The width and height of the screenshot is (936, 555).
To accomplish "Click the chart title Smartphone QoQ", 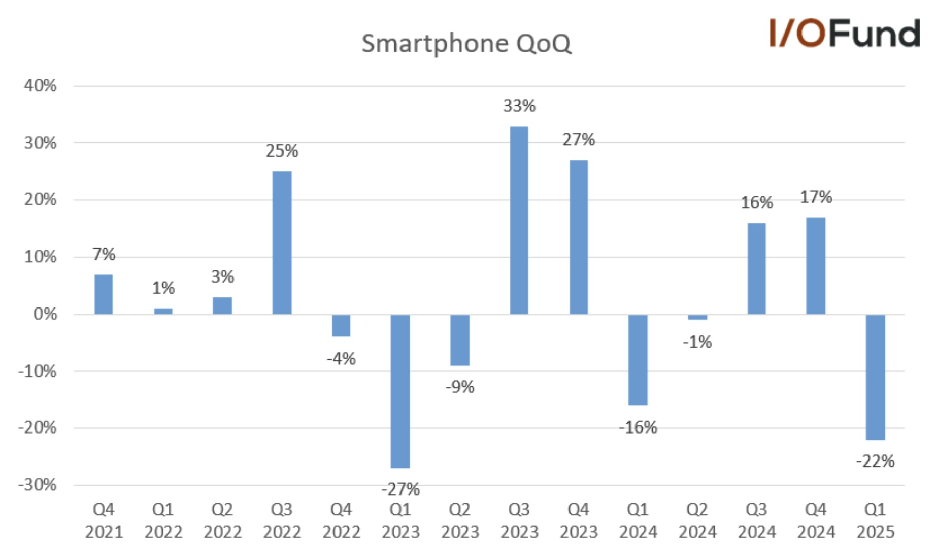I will coord(466,44).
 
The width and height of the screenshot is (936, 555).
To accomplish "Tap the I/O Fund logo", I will coord(844,34).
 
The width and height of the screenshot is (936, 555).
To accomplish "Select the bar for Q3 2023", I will coord(519,220).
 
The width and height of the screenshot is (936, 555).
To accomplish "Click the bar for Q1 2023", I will coord(400,391).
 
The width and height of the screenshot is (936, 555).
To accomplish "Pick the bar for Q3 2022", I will coord(282,242).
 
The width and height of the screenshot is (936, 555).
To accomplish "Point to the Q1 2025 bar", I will coord(875,377).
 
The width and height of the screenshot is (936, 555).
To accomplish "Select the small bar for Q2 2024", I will coord(697,317).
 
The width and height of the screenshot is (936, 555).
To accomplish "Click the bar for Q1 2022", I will coord(163,311).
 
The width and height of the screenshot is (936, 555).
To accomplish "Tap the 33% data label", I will coord(519,106).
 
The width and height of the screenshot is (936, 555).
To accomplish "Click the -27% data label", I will coord(400,489).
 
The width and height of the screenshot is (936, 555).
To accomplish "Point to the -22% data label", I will coord(875,461).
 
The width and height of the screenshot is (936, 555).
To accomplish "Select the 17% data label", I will coord(816,197).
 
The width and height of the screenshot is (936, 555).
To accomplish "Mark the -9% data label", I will coord(459,387).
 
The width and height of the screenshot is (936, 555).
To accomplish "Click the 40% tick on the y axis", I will coord(40,85).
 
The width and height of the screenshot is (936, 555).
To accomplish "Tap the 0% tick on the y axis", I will coord(45,314).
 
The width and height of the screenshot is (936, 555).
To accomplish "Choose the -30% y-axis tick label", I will coord(37,485).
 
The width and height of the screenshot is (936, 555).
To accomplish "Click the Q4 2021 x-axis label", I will coord(104,520).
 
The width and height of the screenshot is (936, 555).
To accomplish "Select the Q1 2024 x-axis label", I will coord(638,520).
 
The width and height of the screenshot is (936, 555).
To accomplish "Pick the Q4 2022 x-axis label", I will coord(341,520).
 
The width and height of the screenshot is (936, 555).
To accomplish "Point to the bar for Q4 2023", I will coord(578,237).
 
